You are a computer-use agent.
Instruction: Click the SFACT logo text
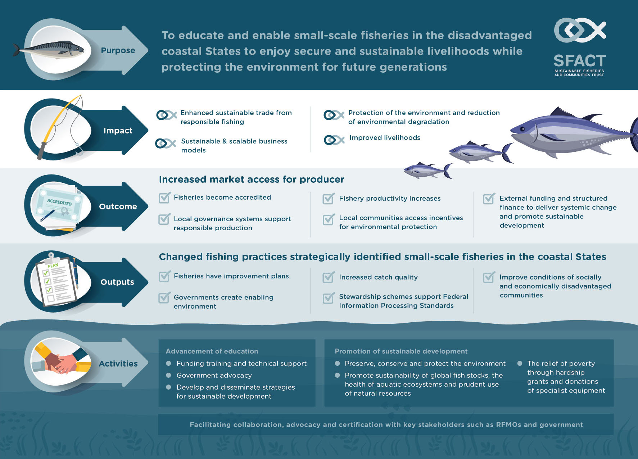(580, 60)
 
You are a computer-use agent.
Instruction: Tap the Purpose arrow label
(118, 50)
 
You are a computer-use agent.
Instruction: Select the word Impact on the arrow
(118, 131)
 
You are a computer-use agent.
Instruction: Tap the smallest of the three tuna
(428, 170)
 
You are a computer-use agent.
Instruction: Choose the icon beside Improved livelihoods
(334, 140)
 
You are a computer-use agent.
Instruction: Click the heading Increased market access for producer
(252, 179)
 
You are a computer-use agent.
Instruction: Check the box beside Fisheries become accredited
(165, 197)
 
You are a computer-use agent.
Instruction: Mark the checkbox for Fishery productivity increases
(329, 198)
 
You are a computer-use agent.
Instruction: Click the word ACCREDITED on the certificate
(59, 202)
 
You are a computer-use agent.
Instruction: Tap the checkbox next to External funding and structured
(489, 198)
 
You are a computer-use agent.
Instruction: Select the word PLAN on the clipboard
(53, 266)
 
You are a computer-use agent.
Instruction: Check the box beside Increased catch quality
(329, 277)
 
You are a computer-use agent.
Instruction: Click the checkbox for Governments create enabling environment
(165, 297)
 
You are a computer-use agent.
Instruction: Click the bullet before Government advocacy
(168, 375)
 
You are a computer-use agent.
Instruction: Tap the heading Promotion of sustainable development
(401, 351)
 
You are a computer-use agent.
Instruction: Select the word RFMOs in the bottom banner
(508, 424)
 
